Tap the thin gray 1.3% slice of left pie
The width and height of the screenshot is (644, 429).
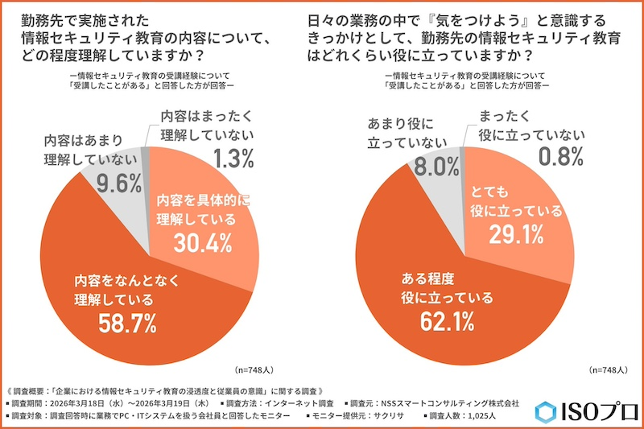click(x=146, y=161)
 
